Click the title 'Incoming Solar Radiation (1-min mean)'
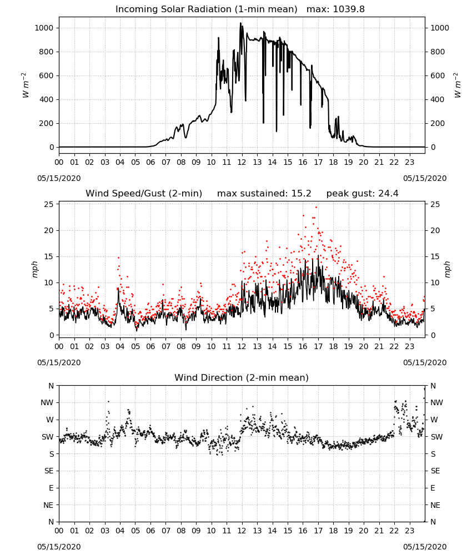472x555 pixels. pyautogui.click(x=207, y=9)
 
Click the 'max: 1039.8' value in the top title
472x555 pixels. pyautogui.click(x=335, y=9)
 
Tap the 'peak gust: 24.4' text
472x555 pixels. pyautogui.click(x=362, y=194)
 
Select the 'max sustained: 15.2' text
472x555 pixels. pyautogui.click(x=264, y=194)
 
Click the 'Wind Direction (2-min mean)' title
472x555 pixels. pyautogui.click(x=242, y=377)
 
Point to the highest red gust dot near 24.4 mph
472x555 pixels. pyautogui.click(x=316, y=208)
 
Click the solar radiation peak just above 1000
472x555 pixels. pyautogui.click(x=241, y=23)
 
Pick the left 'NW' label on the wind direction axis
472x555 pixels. pyautogui.click(x=48, y=403)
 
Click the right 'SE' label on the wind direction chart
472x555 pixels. pyautogui.click(x=435, y=471)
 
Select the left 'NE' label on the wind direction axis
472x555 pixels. pyautogui.click(x=48, y=506)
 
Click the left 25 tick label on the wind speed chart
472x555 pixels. pyautogui.click(x=49, y=205)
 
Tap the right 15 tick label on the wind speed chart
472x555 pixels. pyautogui.click(x=435, y=256)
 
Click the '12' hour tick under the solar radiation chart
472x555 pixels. pyautogui.click(x=242, y=163)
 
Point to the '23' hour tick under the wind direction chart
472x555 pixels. pyautogui.click(x=410, y=531)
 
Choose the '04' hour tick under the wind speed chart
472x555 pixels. pyautogui.click(x=120, y=346)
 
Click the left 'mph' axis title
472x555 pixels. pyautogui.click(x=34, y=269)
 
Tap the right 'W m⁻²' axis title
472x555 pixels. pyautogui.click(x=458, y=85)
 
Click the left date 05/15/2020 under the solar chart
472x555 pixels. pyautogui.click(x=59, y=178)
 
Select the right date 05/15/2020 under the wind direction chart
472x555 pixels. pyautogui.click(x=425, y=547)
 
